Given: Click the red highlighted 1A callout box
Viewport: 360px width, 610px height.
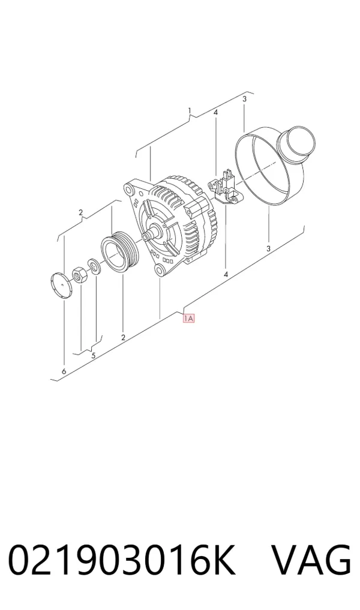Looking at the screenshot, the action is (188, 318).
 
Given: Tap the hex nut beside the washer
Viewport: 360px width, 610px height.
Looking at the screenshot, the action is (79, 274).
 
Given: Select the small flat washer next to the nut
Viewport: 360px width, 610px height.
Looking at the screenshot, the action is (94, 266).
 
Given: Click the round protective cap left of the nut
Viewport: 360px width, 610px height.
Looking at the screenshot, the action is (62, 285).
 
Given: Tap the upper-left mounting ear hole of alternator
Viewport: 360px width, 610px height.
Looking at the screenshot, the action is (129, 189).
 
